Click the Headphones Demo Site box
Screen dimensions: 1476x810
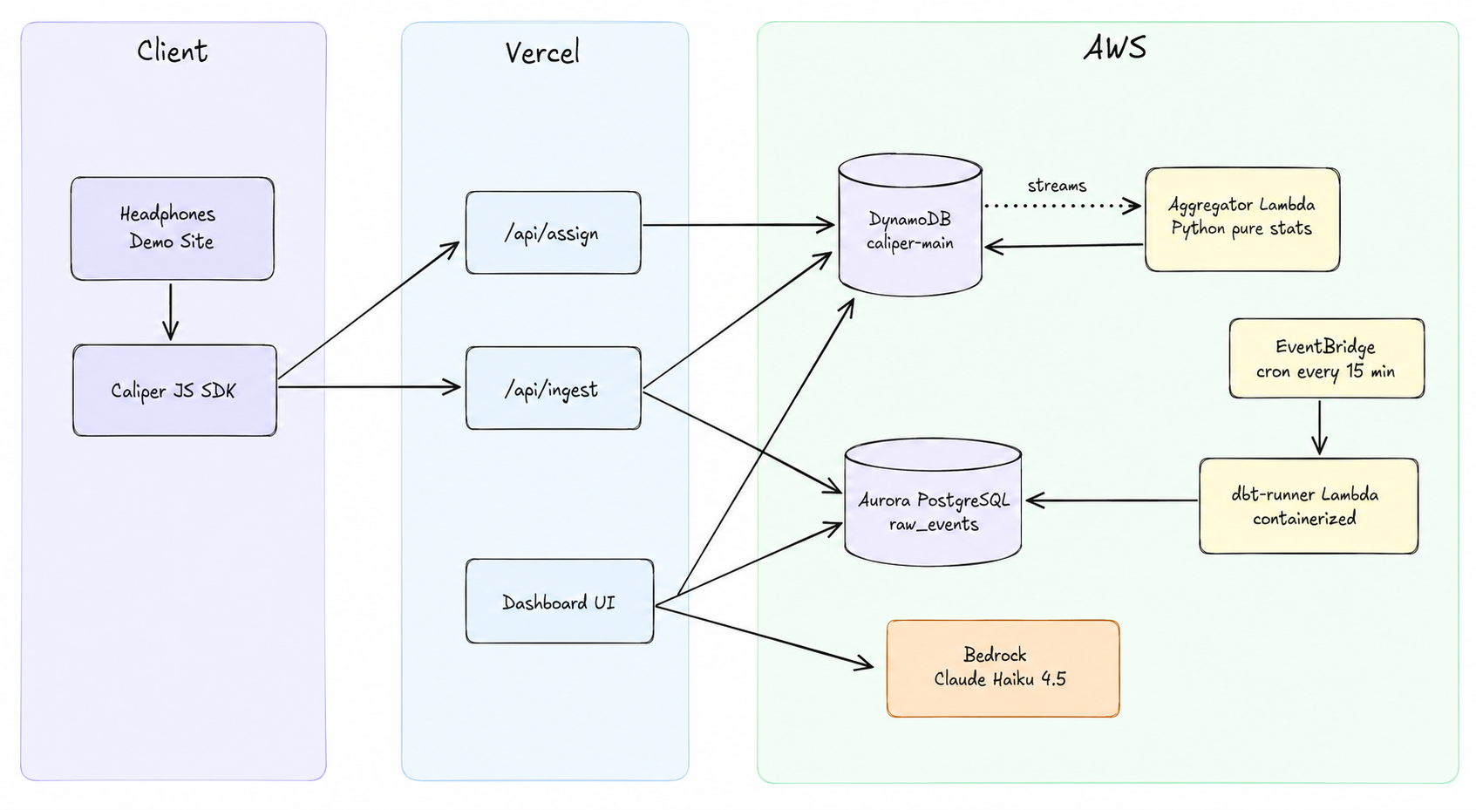coord(173,228)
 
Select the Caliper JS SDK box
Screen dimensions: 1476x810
coord(174,390)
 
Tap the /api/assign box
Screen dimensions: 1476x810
coord(553,233)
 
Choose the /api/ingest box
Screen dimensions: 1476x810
coord(553,388)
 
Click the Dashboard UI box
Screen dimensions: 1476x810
coord(560,601)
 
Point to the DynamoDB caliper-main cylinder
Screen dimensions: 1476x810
coord(910,226)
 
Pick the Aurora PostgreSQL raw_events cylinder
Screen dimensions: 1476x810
coord(933,503)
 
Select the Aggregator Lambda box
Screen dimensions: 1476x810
coord(1242,220)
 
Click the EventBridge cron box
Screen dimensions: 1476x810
coord(1326,358)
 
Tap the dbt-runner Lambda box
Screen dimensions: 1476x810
coord(1309,507)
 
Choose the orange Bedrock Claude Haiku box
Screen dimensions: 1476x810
coord(1003,668)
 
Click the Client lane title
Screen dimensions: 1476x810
coord(173,51)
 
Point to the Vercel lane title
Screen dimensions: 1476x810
coord(543,52)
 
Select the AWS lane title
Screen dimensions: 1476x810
coord(1115,47)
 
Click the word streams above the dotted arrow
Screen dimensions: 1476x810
coord(1057,186)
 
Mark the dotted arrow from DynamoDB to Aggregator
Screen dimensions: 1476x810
coord(1063,206)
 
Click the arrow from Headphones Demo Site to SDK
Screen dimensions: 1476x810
coord(171,312)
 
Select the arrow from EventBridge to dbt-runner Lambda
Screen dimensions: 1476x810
coord(1319,427)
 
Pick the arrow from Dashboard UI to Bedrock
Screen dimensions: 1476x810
coord(765,636)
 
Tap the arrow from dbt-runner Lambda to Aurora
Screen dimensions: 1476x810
coord(1112,500)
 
